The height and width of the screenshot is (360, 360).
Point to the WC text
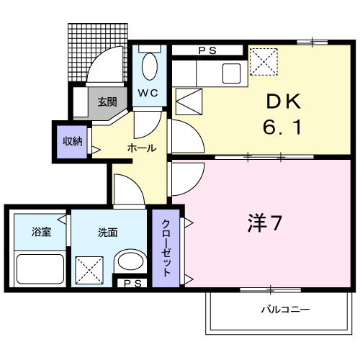coord(148,93)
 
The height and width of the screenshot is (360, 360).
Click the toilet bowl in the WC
coord(150,67)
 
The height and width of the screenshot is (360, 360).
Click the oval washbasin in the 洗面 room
coord(130,262)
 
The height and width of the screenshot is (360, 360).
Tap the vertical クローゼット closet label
coord(165,248)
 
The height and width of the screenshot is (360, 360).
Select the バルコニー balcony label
coord(284,310)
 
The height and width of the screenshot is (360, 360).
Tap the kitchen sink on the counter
coord(233,73)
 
